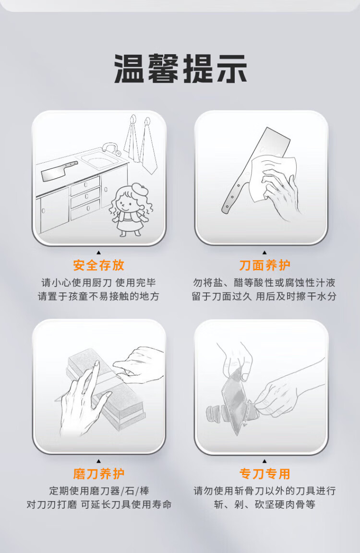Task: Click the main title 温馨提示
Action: pos(180,69)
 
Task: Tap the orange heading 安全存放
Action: pos(99,265)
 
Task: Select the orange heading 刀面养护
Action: pos(264,265)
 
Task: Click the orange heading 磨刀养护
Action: pos(99,474)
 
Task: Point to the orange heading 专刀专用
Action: pos(264,474)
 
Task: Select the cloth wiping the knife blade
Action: pos(273,178)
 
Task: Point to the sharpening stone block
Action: pos(106,388)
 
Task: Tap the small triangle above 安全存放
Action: pos(99,252)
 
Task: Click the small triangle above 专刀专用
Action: pos(264,461)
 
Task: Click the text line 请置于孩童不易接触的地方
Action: pos(99,296)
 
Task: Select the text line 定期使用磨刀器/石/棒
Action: pos(99,491)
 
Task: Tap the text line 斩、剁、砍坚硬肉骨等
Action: pos(264,505)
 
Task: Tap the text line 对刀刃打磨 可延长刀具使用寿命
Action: pos(99,505)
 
